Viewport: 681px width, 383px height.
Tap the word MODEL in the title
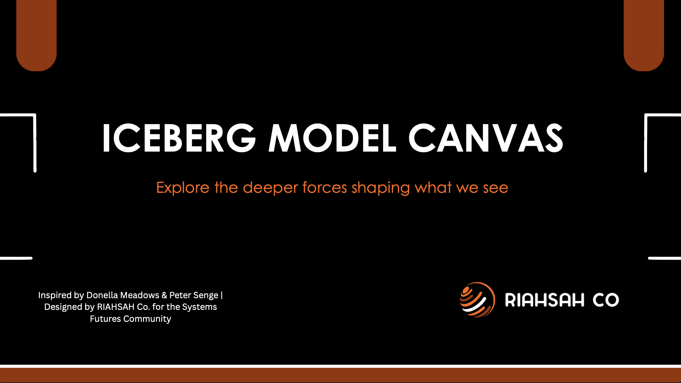(x=332, y=138)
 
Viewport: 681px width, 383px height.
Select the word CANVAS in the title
(x=486, y=138)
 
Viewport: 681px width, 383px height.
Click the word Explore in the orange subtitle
(x=183, y=188)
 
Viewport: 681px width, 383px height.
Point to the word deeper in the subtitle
(x=270, y=188)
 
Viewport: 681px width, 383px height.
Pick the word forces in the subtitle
(x=325, y=188)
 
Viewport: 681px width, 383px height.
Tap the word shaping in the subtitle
(x=381, y=188)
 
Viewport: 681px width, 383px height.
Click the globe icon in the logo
(x=477, y=300)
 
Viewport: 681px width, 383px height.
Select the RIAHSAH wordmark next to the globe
(x=544, y=300)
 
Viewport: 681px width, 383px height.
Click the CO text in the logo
(x=606, y=300)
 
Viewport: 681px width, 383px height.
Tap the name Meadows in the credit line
(x=140, y=295)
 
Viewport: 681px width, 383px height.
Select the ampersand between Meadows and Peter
(x=164, y=295)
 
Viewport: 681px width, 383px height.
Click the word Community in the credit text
(x=147, y=319)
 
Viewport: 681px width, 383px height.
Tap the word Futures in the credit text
(x=105, y=319)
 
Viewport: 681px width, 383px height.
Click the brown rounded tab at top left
(x=37, y=35)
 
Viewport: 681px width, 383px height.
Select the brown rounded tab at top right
(x=644, y=35)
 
